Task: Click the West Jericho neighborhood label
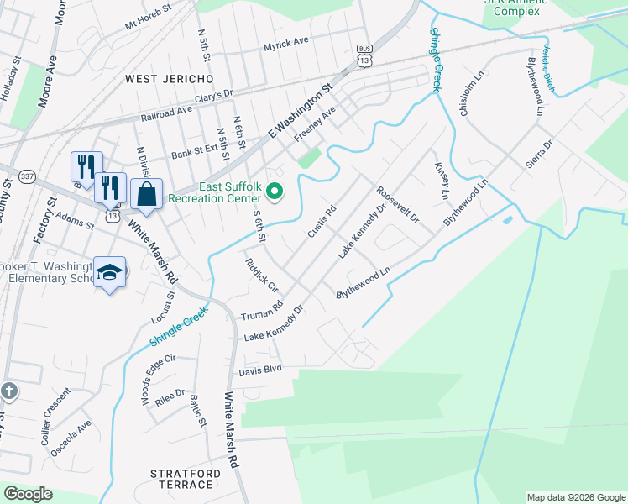tap(169, 78)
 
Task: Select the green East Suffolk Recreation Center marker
tap(274, 193)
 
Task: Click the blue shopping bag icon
tap(146, 193)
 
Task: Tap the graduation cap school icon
tap(109, 272)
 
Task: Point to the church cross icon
tap(8, 391)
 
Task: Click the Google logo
tap(28, 494)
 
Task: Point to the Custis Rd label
tap(322, 220)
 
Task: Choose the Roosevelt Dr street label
tap(397, 205)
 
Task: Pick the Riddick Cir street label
tap(262, 275)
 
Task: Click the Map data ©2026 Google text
tap(576, 496)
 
